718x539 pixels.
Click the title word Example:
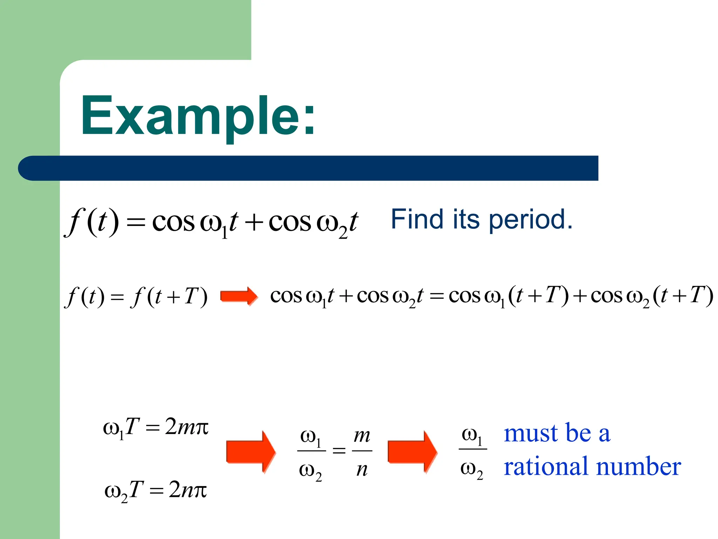click(198, 116)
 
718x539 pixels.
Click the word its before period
click(466, 219)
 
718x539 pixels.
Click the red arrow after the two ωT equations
click(251, 452)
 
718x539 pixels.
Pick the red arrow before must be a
click(412, 452)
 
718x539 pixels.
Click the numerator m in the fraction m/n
click(362, 436)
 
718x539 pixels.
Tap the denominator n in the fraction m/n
click(362, 470)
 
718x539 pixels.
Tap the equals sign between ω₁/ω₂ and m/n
click(339, 450)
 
